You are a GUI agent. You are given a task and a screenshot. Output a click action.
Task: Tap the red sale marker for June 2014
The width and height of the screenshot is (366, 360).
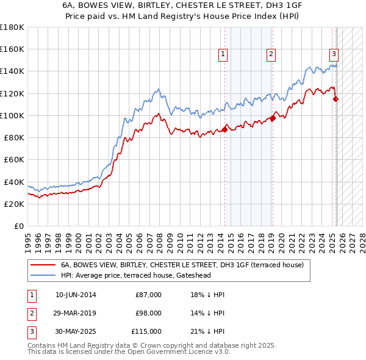(224, 129)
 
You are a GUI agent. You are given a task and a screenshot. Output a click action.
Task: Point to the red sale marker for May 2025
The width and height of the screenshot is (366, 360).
(336, 99)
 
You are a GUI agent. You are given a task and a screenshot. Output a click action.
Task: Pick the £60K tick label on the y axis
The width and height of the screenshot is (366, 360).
(14, 159)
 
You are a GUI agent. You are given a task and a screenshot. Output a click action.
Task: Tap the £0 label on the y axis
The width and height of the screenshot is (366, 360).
(18, 226)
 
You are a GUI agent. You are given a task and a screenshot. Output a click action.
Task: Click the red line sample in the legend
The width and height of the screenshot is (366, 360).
(43, 265)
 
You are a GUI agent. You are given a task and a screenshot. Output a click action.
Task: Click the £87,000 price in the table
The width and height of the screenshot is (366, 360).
(148, 295)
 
